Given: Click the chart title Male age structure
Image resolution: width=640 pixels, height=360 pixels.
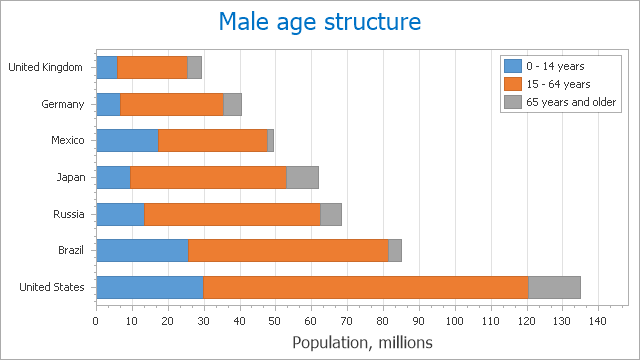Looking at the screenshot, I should point(319,22).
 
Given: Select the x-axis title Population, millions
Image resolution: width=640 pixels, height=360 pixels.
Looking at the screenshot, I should point(362,342).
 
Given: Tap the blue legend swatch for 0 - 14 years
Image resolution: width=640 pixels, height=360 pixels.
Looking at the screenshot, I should point(511,65).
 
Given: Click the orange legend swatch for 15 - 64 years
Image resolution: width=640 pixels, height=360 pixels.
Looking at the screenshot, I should point(511,83).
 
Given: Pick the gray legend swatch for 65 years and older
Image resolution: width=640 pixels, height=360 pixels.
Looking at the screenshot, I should point(511,102).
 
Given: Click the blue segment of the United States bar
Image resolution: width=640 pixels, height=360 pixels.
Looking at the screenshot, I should point(149,287).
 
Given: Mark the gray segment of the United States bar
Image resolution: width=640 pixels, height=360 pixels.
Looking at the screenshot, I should point(554,287).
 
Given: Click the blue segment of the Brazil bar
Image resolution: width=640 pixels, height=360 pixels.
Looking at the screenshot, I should point(141,250).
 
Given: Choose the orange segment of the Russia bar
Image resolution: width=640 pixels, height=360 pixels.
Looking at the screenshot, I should point(232,214).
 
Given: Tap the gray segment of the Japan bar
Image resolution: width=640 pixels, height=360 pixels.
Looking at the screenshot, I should point(302,177).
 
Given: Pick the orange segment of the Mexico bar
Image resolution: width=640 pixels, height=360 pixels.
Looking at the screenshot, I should point(212,141).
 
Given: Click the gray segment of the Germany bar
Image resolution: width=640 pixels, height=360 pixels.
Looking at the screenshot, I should point(232,104).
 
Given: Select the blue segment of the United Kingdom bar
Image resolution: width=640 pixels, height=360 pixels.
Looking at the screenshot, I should point(106,67).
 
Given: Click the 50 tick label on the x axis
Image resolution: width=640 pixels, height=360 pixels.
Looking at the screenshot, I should point(275,321).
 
